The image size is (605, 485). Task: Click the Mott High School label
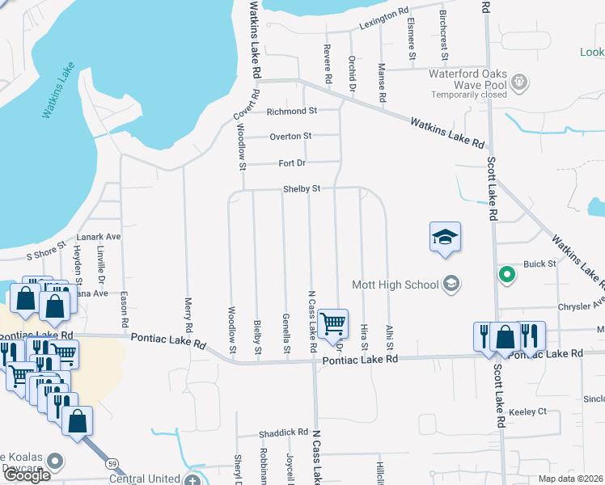click(x=395, y=284)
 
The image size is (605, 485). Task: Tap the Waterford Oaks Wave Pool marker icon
click(x=519, y=82)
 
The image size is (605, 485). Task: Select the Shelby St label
click(x=302, y=188)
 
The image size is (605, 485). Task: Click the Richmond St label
click(x=292, y=111)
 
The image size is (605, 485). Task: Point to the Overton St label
click(x=290, y=137)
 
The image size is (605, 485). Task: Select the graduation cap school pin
click(x=444, y=238)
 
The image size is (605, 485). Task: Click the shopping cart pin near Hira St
click(x=333, y=323)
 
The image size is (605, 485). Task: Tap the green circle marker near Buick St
click(x=507, y=275)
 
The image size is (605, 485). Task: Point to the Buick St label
click(x=540, y=264)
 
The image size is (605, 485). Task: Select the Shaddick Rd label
click(x=284, y=432)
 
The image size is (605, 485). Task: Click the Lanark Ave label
click(x=98, y=237)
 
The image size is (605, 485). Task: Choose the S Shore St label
click(x=44, y=255)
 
